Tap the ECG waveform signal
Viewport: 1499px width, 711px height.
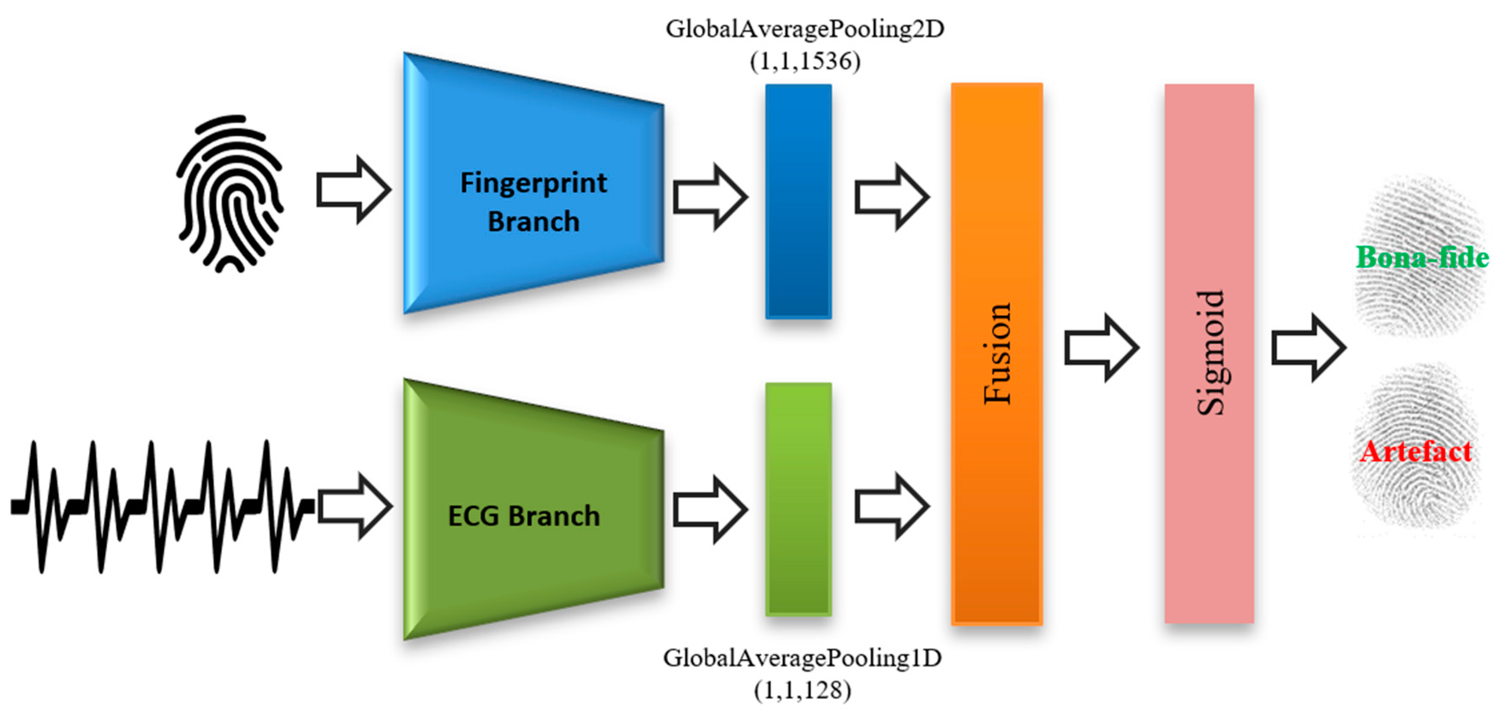[x=157, y=507]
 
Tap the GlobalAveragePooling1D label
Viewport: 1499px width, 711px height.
[x=802, y=658]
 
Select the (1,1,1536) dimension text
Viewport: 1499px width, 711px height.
[x=805, y=61]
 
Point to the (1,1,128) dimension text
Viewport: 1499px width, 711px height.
[x=802, y=690]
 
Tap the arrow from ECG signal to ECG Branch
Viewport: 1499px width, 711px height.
[x=354, y=505]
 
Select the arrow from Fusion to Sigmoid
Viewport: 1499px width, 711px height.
[x=1100, y=348]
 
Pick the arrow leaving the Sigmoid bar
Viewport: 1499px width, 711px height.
[x=1308, y=348]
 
